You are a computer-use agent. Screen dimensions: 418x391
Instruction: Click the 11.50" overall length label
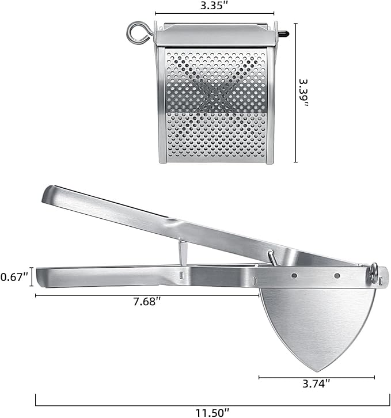click(x=211, y=411)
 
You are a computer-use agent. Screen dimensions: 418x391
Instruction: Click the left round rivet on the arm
click(x=295, y=276)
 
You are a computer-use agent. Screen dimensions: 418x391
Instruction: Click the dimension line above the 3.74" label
click(x=316, y=378)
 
